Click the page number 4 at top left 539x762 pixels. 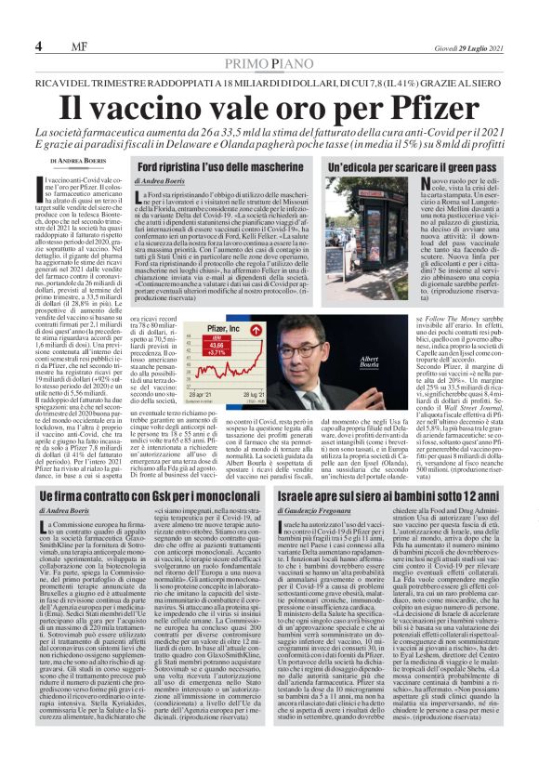tap(38, 46)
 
